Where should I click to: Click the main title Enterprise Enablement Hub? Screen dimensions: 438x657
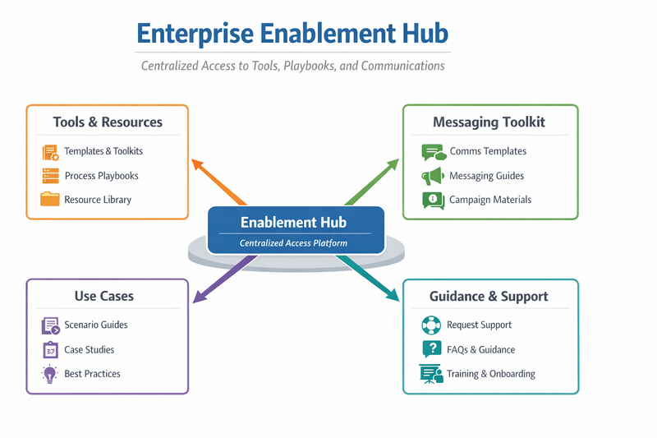292,34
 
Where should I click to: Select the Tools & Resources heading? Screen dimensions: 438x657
108,122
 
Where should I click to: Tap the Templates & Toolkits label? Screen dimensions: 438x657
103,151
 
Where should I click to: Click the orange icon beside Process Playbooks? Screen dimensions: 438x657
50,175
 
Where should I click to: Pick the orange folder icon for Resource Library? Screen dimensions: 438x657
50,199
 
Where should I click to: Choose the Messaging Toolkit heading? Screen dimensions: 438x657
489,122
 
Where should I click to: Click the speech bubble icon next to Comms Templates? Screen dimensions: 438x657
433,152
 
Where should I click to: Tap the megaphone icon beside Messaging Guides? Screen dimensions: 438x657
432,176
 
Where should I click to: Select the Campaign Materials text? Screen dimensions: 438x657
490,200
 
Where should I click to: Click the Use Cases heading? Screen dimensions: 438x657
104,296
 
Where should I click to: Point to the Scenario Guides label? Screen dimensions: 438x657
96,325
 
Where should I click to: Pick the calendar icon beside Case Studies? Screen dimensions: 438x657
50,350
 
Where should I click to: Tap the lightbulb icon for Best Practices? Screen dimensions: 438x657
50,375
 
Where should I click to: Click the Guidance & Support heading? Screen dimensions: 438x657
489,296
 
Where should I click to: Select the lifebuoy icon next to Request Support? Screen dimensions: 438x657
431,325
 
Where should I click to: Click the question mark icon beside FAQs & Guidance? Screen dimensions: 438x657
431,349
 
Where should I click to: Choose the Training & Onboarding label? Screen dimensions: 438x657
491,374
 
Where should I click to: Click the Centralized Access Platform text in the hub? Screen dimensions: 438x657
293,243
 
